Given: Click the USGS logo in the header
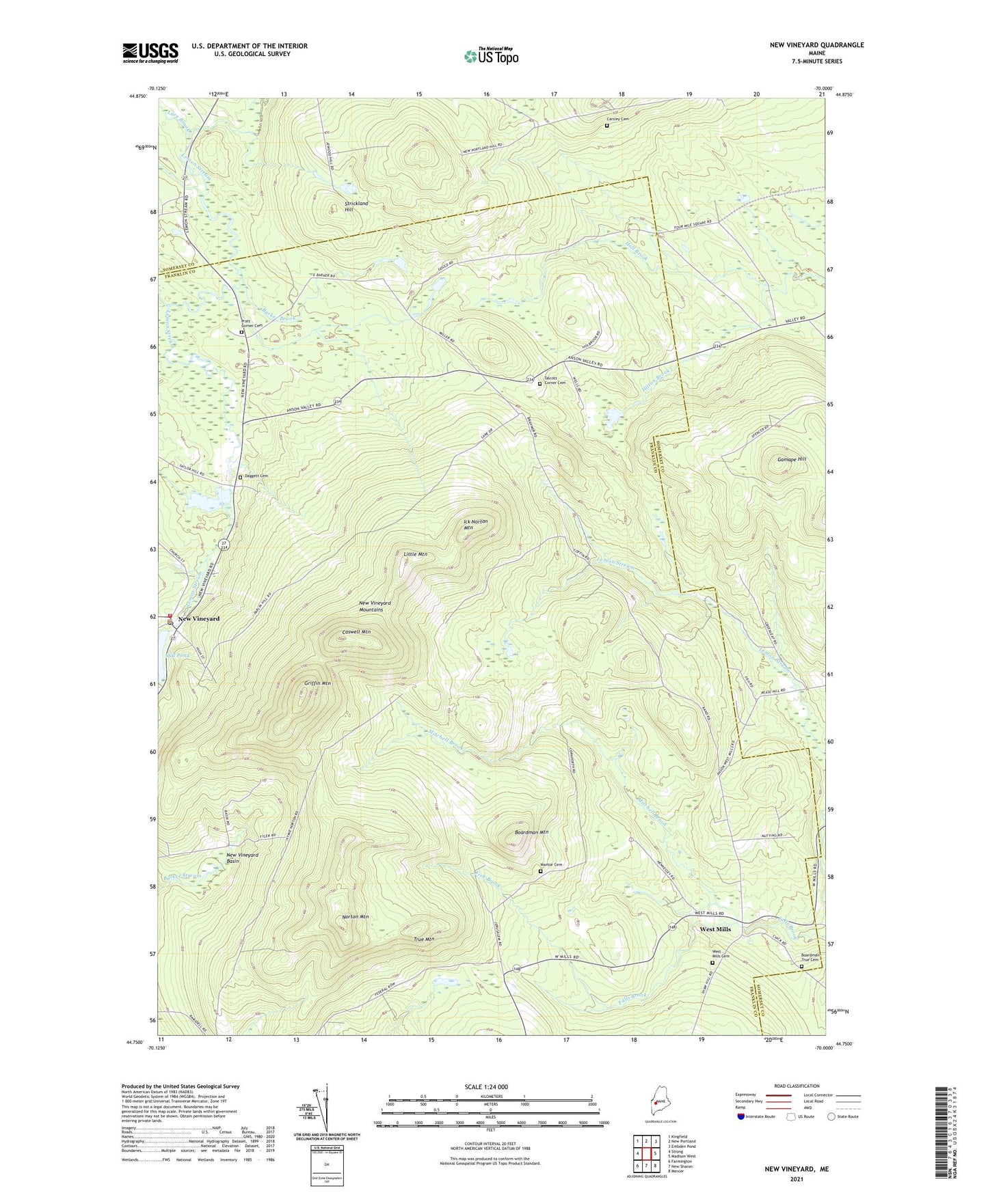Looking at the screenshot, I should [x=150, y=52].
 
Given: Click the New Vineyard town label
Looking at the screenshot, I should [x=199, y=619].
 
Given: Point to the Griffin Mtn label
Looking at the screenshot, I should [x=317, y=683].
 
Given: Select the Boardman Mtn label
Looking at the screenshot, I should [x=531, y=832].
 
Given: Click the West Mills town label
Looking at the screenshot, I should [x=715, y=929].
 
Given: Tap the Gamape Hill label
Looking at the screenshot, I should [x=791, y=459].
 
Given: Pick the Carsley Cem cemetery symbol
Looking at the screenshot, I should [x=606, y=126].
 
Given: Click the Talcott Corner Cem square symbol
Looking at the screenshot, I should [x=539, y=384].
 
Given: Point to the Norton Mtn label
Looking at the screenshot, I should [x=356, y=916].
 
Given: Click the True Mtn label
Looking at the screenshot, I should [x=424, y=940].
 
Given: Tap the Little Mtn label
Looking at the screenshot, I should [x=415, y=554].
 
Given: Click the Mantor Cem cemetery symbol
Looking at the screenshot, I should [x=539, y=871].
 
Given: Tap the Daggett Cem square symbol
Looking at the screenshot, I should [x=240, y=477].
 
